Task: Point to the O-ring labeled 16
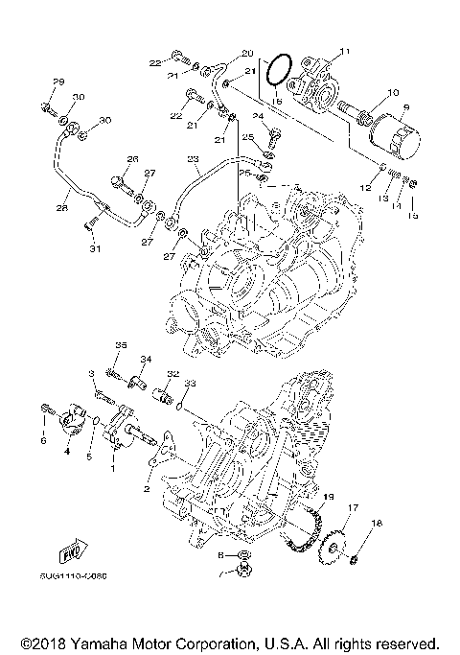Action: click(x=278, y=69)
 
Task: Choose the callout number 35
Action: click(x=121, y=344)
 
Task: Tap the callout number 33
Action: click(x=190, y=384)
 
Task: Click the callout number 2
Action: click(x=147, y=488)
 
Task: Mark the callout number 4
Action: click(x=67, y=449)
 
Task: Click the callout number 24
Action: click(x=258, y=115)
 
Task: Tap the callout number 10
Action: click(x=391, y=94)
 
